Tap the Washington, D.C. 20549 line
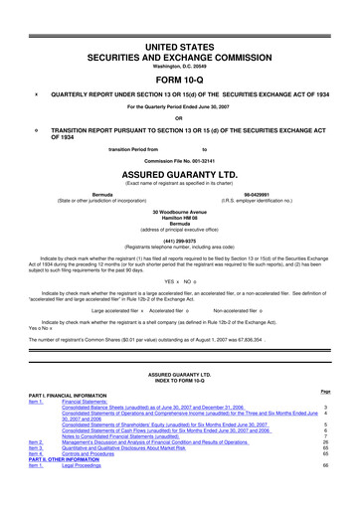tap(179, 51)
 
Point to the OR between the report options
tap(179, 117)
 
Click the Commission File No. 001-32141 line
tap(179, 160)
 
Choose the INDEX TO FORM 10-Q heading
tap(179, 379)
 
